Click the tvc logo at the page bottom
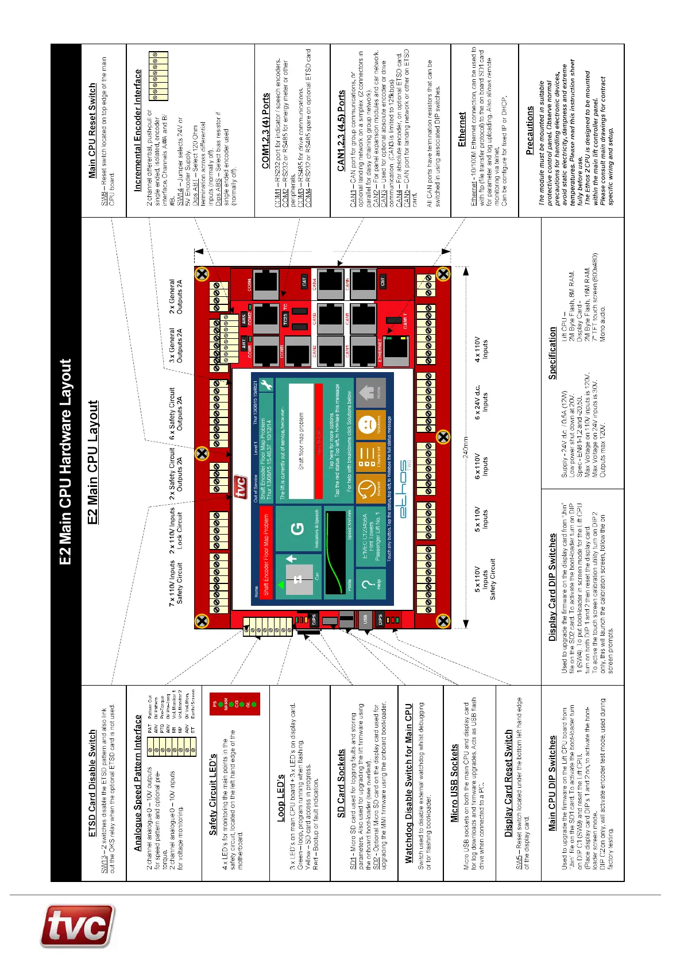coord(77,926)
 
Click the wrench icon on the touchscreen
coord(265,386)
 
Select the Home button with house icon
coord(370,394)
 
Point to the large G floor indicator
coord(298,529)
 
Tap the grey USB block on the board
coord(364,620)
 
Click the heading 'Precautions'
coord(530,130)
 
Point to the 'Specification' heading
coord(552,357)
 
